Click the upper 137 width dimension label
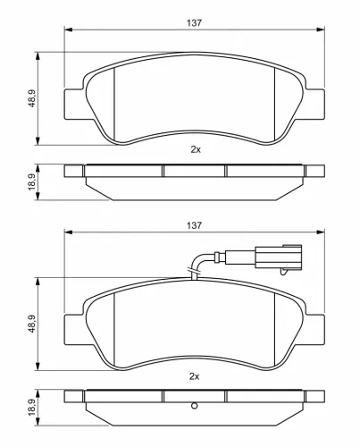point(194,23)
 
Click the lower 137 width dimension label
point(194,225)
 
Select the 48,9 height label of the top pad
point(32,98)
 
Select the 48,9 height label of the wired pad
point(32,324)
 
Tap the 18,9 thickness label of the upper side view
point(32,181)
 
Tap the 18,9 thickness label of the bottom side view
point(32,408)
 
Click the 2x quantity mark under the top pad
point(196,149)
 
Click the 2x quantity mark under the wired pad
point(195,376)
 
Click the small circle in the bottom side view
point(194,406)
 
